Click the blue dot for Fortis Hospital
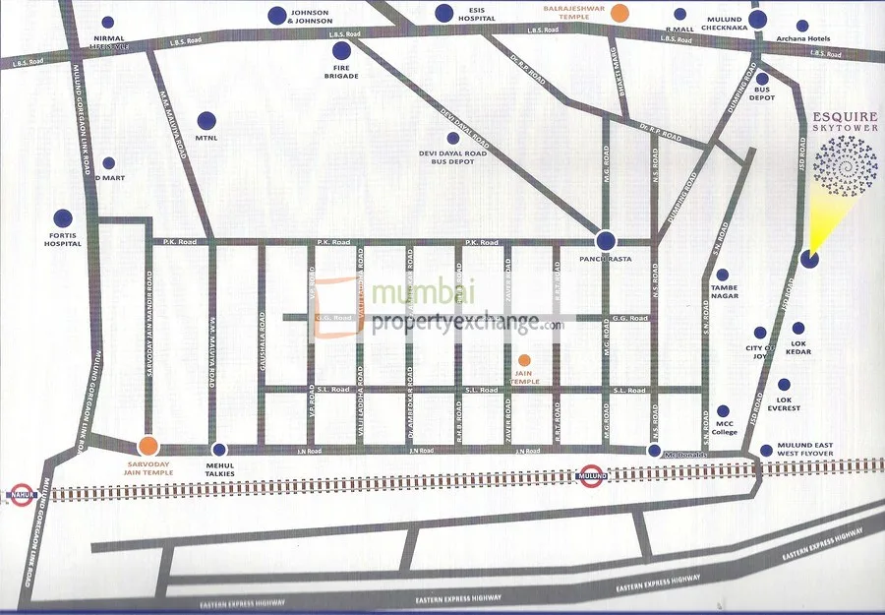click(63, 217)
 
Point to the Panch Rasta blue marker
click(606, 240)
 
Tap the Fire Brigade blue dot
click(341, 50)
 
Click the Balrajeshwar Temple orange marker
click(619, 14)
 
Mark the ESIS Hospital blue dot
click(444, 13)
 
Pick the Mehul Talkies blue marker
click(219, 449)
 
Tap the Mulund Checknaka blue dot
click(757, 19)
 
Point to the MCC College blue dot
click(724, 411)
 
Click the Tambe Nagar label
click(724, 294)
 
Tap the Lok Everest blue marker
click(784, 386)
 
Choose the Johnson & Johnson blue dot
click(279, 16)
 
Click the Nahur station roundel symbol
click(21, 492)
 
